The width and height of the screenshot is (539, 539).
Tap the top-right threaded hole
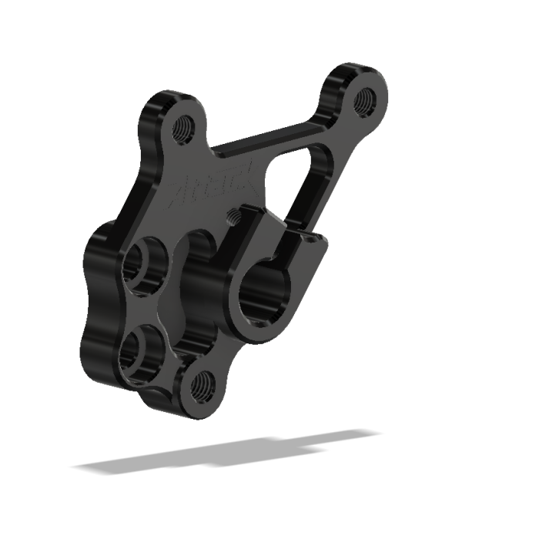coord(365,98)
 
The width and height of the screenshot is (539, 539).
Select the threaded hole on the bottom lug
coord(203,381)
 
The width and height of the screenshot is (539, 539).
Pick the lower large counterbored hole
coord(141,350)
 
